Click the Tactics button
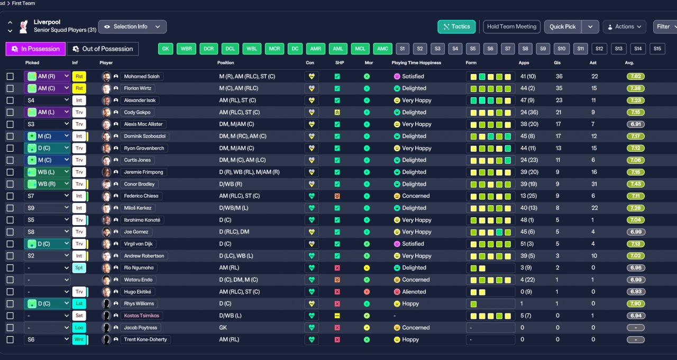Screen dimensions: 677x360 [456, 27]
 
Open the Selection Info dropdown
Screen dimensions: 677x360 [132, 27]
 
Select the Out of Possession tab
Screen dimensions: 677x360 [103, 49]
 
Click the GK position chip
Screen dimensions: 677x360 [166, 49]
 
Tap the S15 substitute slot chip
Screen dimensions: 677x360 [657, 49]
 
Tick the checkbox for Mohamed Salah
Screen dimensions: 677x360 [10, 77]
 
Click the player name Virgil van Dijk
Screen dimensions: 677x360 [138, 244]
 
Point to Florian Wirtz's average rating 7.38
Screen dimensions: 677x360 [636, 88]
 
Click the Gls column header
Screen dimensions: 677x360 [557, 63]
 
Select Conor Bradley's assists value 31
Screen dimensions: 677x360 [594, 184]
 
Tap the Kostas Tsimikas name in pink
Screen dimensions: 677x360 [141, 316]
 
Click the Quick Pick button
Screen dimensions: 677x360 [562, 27]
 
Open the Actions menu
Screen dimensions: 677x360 [625, 27]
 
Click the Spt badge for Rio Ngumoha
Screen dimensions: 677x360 [79, 268]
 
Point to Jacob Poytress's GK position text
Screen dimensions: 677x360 [223, 328]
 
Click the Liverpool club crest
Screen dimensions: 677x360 [24, 26]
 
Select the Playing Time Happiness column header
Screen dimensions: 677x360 [416, 63]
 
